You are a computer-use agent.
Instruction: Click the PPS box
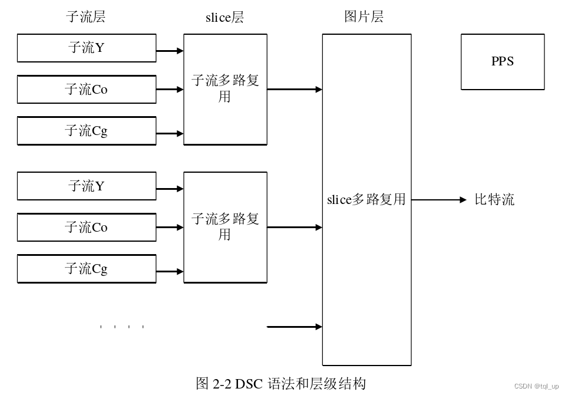tap(502, 62)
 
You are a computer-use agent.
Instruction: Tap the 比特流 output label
tap(494, 200)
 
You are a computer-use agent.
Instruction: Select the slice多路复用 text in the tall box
tap(366, 200)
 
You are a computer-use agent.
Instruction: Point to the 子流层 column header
tap(86, 17)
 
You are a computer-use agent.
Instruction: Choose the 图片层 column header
tap(364, 17)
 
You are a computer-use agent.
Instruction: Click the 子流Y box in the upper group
tap(87, 48)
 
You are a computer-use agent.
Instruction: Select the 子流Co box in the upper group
tap(87, 90)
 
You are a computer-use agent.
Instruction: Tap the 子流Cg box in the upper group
tap(87, 131)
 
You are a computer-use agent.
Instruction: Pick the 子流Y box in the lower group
tap(87, 186)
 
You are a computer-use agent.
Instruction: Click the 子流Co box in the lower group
tap(87, 228)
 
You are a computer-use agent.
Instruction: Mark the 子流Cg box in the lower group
tap(87, 269)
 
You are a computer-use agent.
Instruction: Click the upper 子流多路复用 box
tap(225, 89)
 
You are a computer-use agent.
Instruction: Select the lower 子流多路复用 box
tap(225, 227)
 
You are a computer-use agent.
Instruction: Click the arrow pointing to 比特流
tap(439, 200)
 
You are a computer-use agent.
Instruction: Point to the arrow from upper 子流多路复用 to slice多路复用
tap(295, 90)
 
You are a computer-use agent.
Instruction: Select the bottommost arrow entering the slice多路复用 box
tap(295, 327)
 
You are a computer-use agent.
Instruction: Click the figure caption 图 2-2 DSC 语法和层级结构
tap(281, 384)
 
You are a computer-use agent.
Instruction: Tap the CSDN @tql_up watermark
tap(536, 386)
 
